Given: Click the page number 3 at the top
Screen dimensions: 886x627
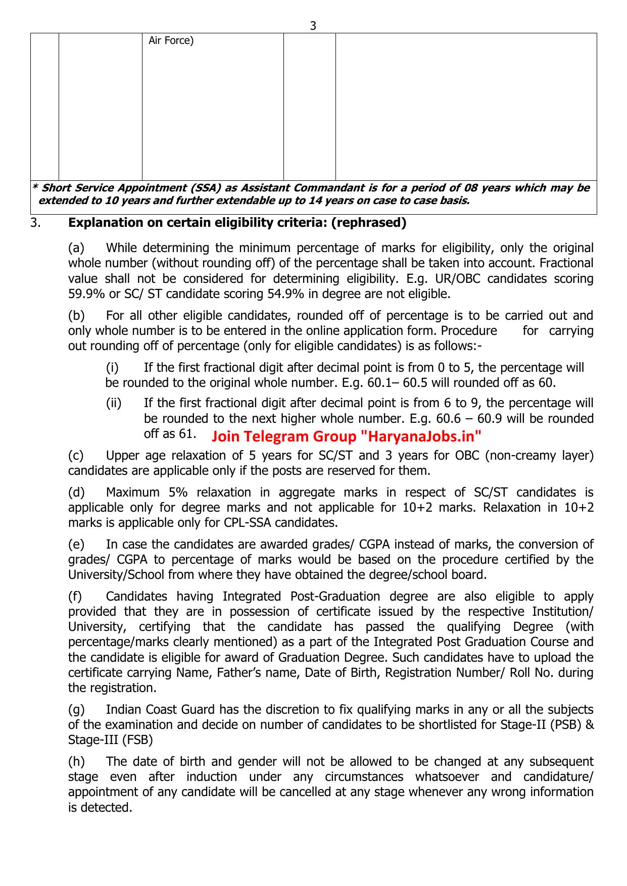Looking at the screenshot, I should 313,26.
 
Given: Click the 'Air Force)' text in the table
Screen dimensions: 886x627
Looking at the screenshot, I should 171,41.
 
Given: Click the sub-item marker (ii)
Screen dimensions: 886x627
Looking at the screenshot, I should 114,403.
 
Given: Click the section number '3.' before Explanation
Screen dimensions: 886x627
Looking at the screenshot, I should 35,222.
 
